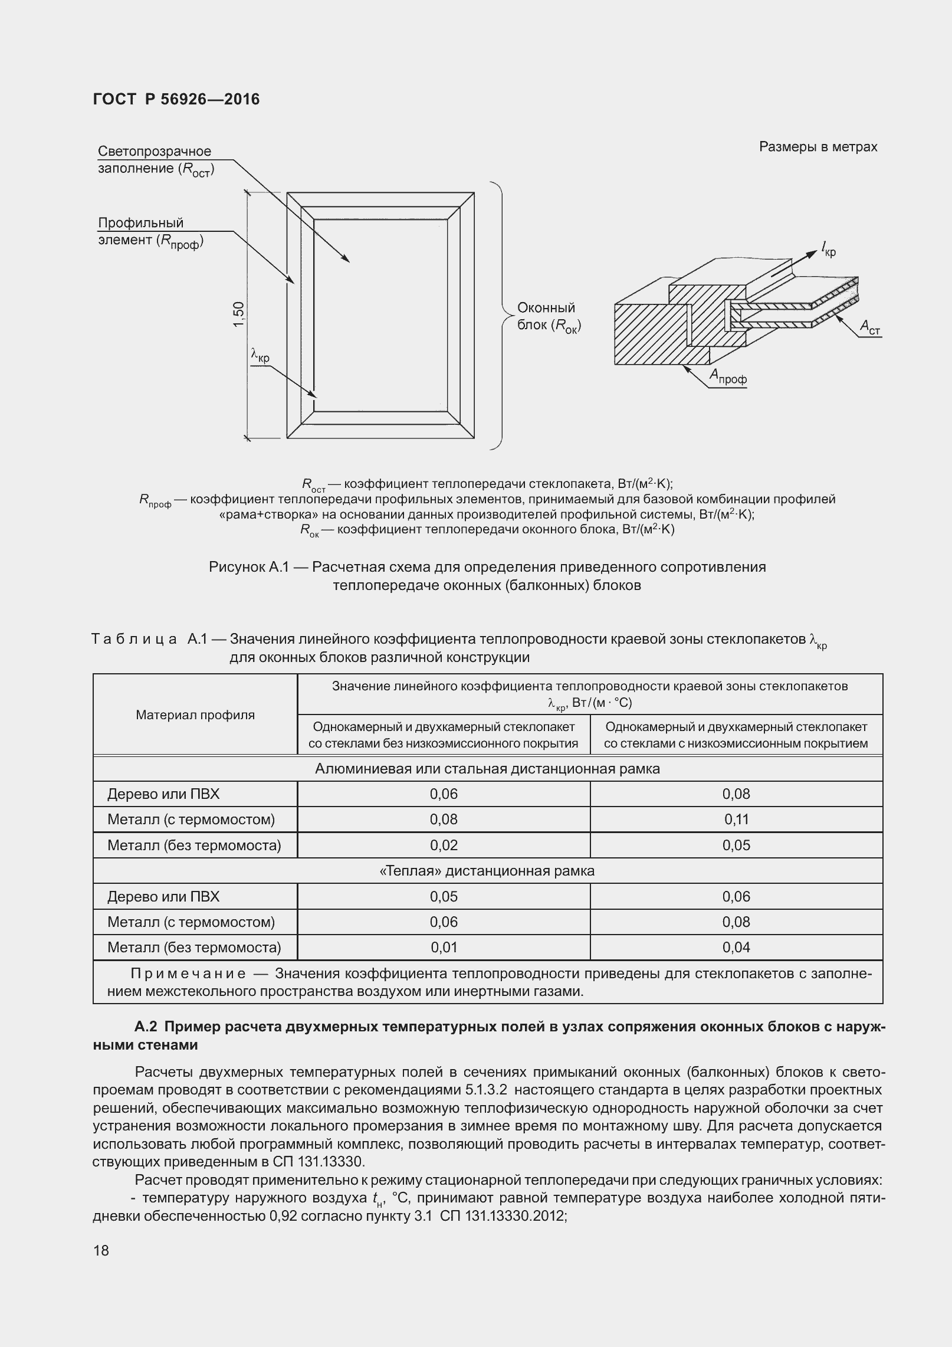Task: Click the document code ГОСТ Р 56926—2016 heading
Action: point(176,99)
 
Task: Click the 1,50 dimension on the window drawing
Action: point(238,316)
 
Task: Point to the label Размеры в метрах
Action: point(818,147)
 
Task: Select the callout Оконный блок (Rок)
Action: point(548,316)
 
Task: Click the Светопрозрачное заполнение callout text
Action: point(155,160)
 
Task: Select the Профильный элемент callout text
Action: point(150,232)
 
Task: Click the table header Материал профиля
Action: point(195,715)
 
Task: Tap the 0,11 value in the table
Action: point(736,819)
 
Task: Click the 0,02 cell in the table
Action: point(444,845)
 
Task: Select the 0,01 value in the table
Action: point(444,947)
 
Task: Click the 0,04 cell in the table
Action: point(736,947)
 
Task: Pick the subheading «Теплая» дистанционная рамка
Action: point(487,871)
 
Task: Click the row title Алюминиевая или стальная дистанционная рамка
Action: point(487,769)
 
